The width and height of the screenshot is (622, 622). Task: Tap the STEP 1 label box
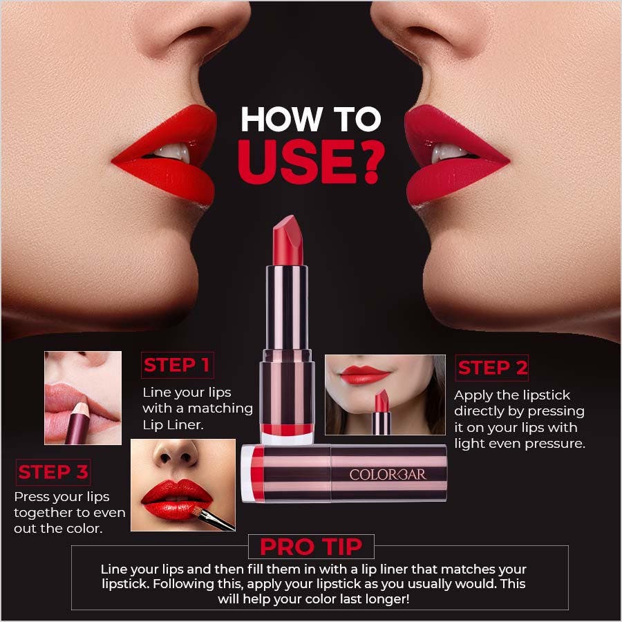coord(176,365)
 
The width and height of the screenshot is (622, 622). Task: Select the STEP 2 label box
coord(492,368)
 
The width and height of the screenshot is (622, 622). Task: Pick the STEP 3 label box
coord(53,472)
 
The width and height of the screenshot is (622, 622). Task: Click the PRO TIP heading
coord(310,547)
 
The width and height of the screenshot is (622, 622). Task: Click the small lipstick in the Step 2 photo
coord(381,412)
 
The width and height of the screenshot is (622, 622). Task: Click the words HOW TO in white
coord(310,119)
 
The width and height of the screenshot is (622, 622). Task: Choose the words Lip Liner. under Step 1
coord(173,424)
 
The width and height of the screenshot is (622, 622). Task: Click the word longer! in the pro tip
coord(380,599)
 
